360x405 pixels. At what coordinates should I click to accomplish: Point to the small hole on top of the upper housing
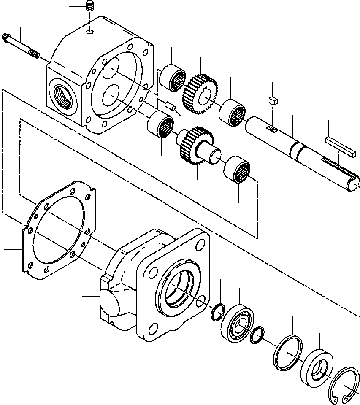click(x=89, y=32)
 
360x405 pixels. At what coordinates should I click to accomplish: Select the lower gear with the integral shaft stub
click(x=195, y=146)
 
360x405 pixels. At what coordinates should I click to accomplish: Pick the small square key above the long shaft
click(x=272, y=100)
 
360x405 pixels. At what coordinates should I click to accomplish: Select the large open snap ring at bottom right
click(x=344, y=384)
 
